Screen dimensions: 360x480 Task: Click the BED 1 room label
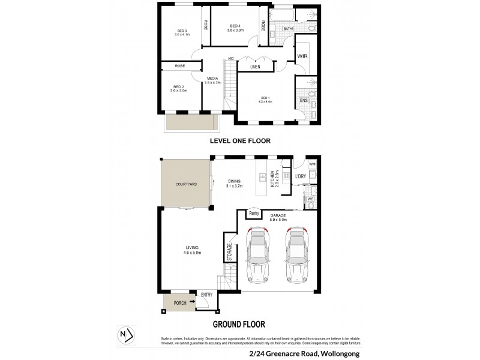click(x=266, y=99)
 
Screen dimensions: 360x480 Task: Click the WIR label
click(x=302, y=57)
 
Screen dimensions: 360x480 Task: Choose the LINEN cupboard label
click(x=256, y=67)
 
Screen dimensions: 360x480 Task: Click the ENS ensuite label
click(x=303, y=101)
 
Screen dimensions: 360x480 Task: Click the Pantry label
click(x=254, y=212)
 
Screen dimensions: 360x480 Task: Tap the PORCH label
click(x=179, y=304)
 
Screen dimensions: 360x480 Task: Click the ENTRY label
click(x=207, y=294)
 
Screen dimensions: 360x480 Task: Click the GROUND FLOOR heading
click(x=239, y=325)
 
